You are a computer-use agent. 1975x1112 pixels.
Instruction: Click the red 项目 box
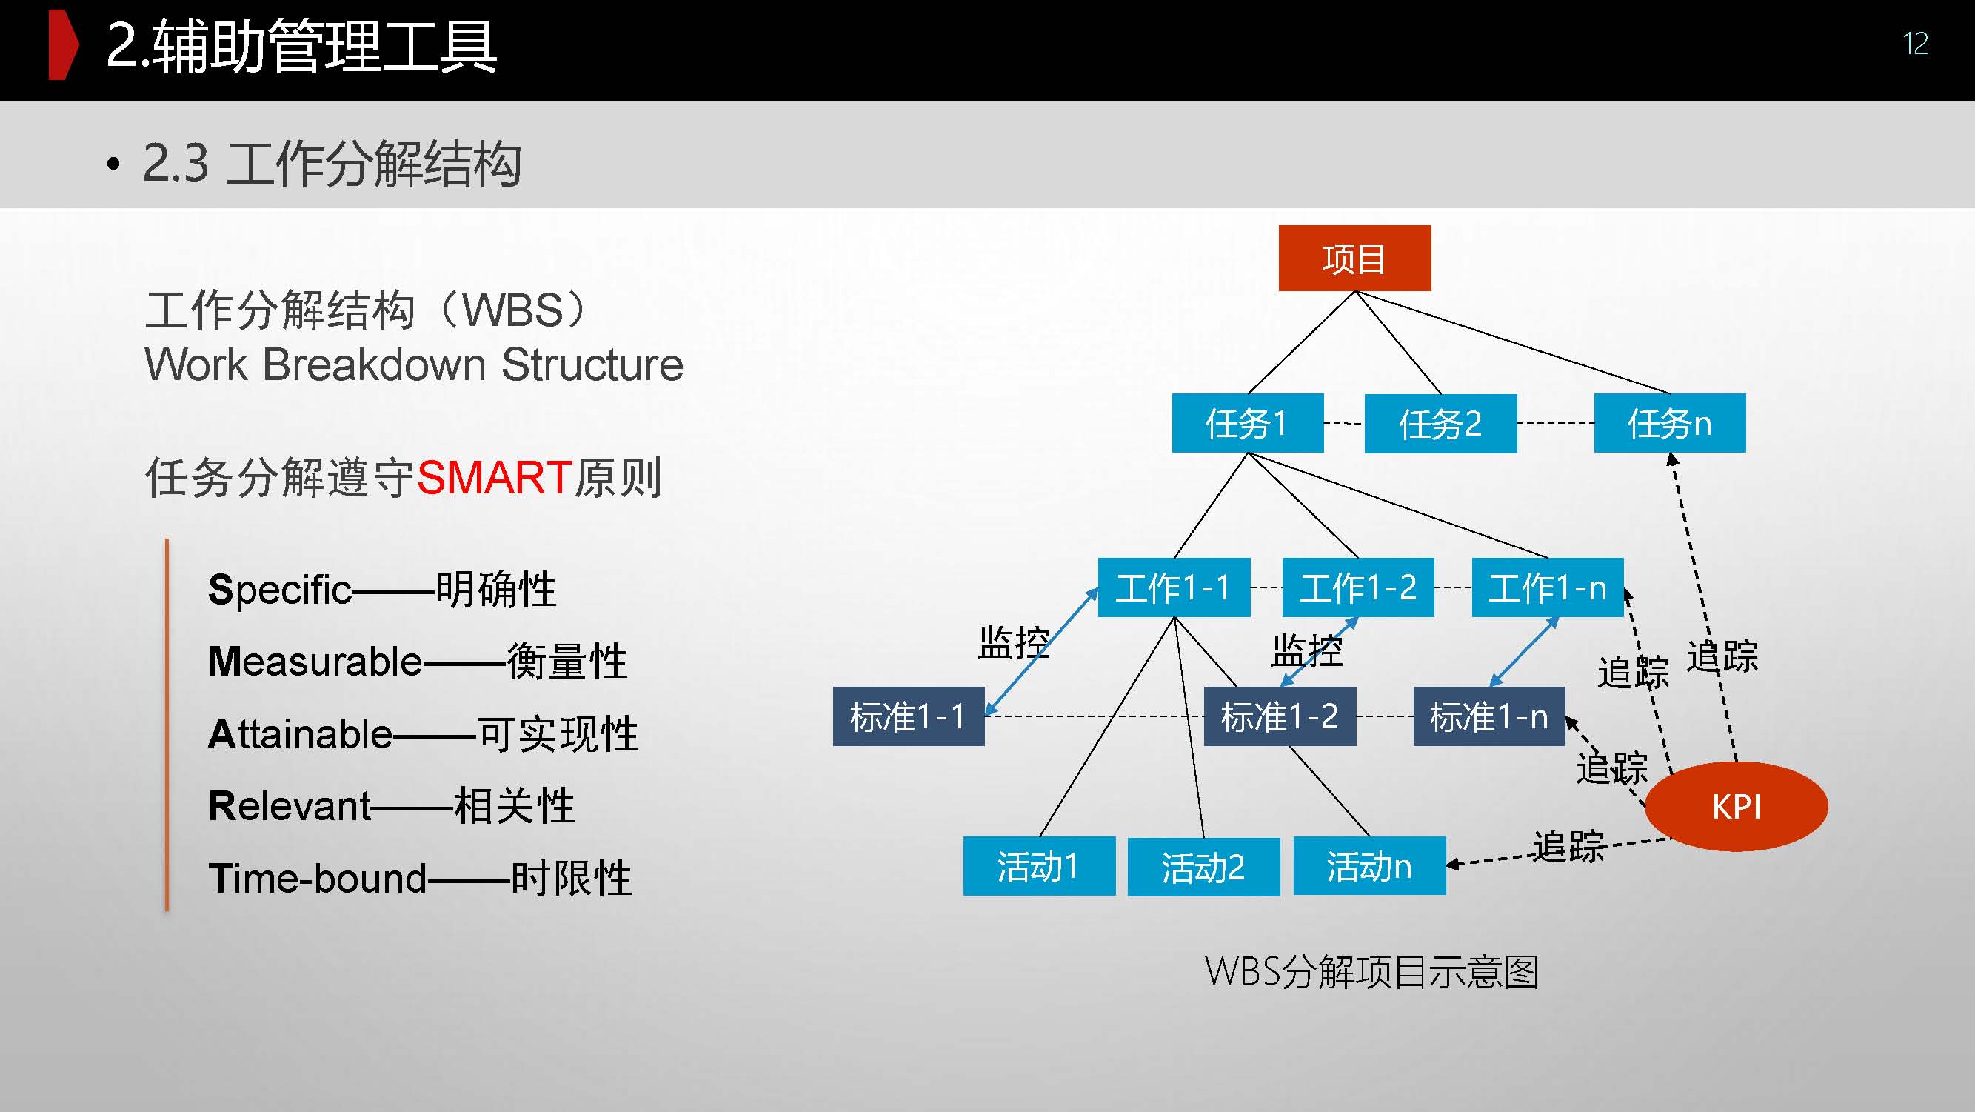(x=1354, y=259)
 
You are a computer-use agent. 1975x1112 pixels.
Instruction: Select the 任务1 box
(x=1247, y=423)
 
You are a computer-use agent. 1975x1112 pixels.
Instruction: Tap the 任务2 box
(x=1440, y=424)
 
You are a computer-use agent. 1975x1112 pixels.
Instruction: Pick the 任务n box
(x=1669, y=423)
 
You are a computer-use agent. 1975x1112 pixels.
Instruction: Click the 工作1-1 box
(x=1174, y=587)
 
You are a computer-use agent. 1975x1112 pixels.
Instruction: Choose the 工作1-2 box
(x=1358, y=587)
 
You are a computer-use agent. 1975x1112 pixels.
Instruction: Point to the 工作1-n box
(x=1547, y=587)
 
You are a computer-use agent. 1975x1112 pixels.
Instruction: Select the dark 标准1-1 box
(x=909, y=716)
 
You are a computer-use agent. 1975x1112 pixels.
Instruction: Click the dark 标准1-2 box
(x=1280, y=716)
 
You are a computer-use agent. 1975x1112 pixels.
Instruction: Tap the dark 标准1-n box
(x=1489, y=716)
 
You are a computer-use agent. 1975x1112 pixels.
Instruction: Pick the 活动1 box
(x=1039, y=866)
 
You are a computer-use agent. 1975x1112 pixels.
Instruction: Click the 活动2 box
(x=1203, y=867)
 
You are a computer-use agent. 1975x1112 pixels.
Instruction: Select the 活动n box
(x=1369, y=866)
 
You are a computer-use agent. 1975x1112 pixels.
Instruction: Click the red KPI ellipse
(x=1737, y=807)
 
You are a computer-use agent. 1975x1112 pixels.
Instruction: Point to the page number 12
(x=1914, y=44)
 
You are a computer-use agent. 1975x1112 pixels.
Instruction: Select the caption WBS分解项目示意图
(x=1371, y=972)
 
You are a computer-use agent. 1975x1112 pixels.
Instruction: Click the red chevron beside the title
(x=63, y=45)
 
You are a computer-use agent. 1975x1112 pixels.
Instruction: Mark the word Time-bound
(x=318, y=878)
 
